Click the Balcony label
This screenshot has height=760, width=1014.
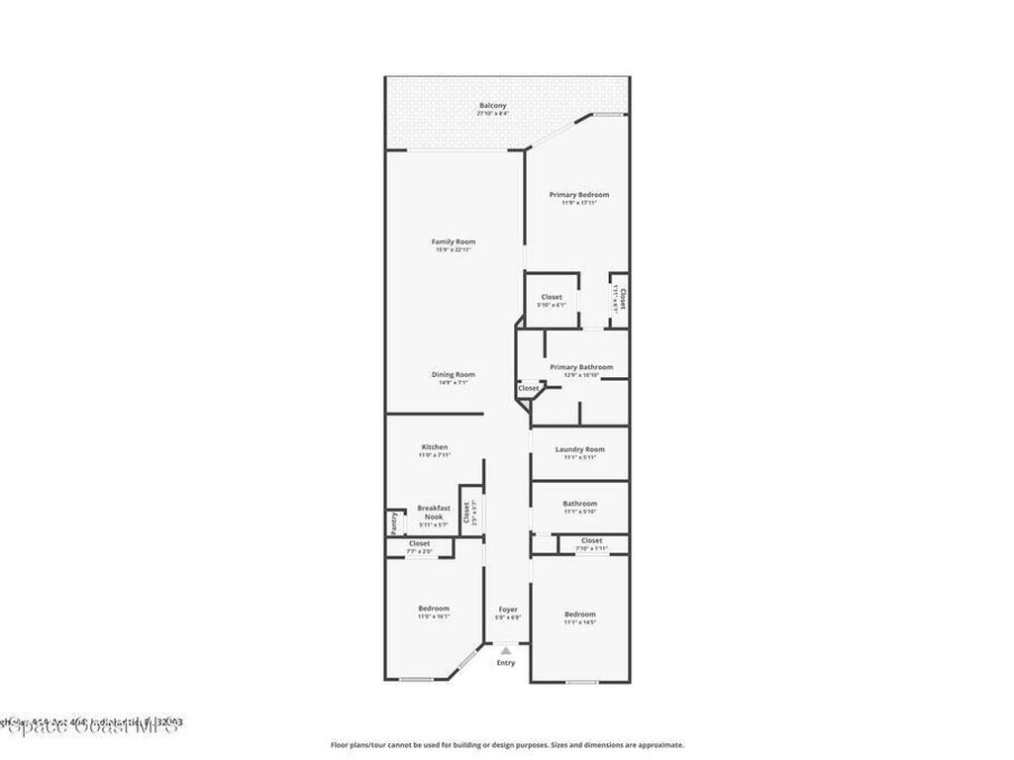493,106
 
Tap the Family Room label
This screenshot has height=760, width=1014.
454,242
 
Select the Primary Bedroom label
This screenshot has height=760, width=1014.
579,195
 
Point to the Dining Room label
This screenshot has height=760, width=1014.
454,375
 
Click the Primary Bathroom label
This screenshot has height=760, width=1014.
581,367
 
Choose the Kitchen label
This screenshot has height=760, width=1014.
435,447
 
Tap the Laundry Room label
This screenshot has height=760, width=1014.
579,449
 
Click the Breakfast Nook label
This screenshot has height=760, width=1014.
434,513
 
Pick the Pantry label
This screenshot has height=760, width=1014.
393,520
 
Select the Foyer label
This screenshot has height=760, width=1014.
508,610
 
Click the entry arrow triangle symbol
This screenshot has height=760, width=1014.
506,650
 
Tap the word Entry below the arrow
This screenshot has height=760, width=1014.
506,663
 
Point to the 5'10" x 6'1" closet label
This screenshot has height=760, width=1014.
552,297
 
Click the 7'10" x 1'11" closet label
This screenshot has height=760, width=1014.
592,540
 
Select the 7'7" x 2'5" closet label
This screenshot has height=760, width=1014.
420,543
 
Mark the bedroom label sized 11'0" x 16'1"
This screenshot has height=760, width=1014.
434,609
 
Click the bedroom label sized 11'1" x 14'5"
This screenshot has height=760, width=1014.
580,615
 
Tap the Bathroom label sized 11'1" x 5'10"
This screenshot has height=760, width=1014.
580,504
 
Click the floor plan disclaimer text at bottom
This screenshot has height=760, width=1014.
507,745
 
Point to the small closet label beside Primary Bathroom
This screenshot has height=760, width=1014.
529,388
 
